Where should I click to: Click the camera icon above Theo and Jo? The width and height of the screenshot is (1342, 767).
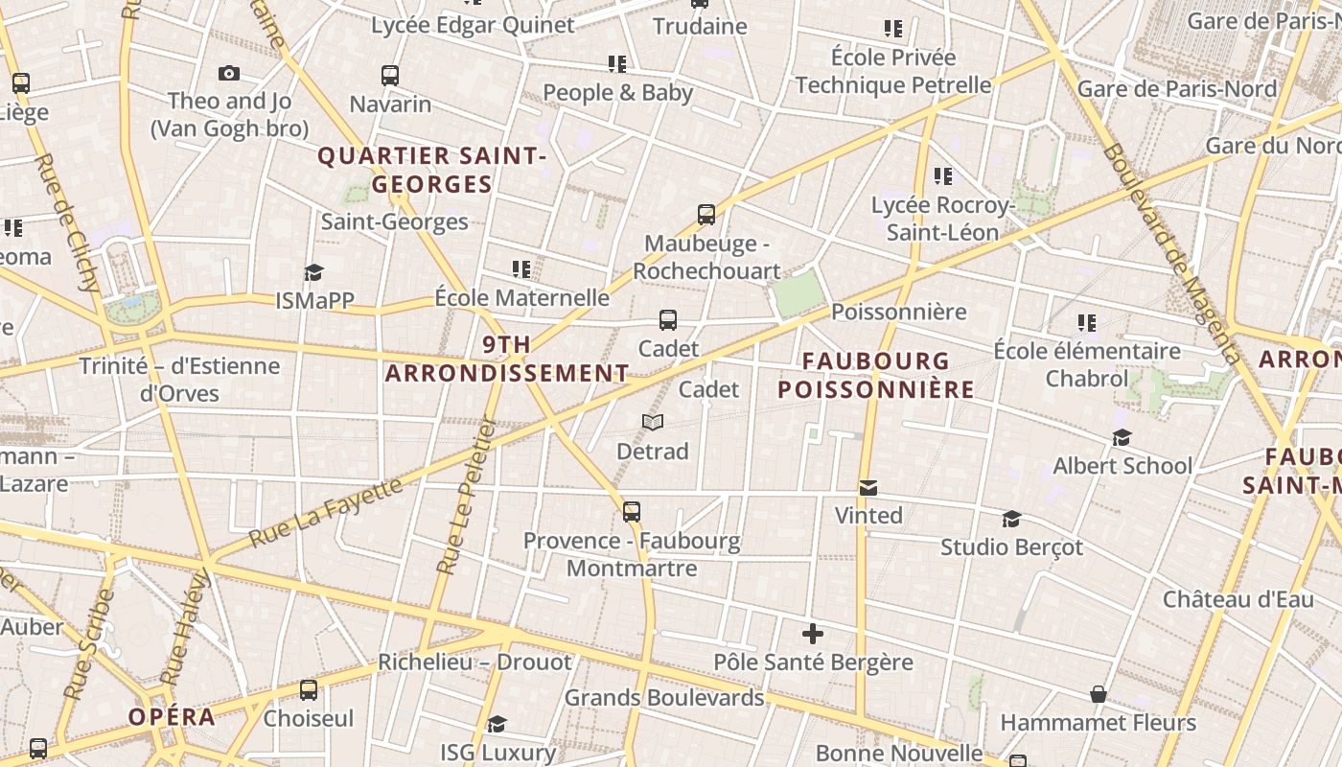(228, 73)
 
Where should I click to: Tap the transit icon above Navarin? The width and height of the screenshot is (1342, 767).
(390, 76)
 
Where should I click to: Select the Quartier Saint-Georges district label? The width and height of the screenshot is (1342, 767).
(431, 170)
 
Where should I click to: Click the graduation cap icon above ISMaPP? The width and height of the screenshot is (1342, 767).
(313, 273)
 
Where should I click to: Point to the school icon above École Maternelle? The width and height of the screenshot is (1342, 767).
(521, 269)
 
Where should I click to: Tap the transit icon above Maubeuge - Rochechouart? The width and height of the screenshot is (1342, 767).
(706, 215)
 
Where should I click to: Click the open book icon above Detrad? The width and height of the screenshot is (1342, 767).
(653, 423)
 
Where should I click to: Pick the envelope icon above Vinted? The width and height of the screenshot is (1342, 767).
(868, 488)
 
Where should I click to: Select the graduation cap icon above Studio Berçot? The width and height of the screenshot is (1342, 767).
(1011, 520)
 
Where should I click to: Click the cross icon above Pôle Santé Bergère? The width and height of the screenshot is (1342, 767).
(813, 634)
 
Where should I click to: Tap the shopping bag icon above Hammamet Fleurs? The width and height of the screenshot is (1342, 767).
(1099, 694)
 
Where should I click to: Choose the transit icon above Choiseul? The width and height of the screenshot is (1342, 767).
(309, 690)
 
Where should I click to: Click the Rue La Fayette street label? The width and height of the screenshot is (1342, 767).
(326, 513)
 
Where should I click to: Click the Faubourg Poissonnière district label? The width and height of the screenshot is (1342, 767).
(875, 376)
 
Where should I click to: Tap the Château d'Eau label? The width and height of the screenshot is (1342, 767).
(1238, 600)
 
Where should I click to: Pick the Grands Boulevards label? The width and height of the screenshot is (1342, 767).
(663, 697)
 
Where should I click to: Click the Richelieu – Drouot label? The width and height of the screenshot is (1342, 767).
(474, 662)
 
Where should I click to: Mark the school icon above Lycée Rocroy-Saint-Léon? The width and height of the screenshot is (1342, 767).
(943, 176)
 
